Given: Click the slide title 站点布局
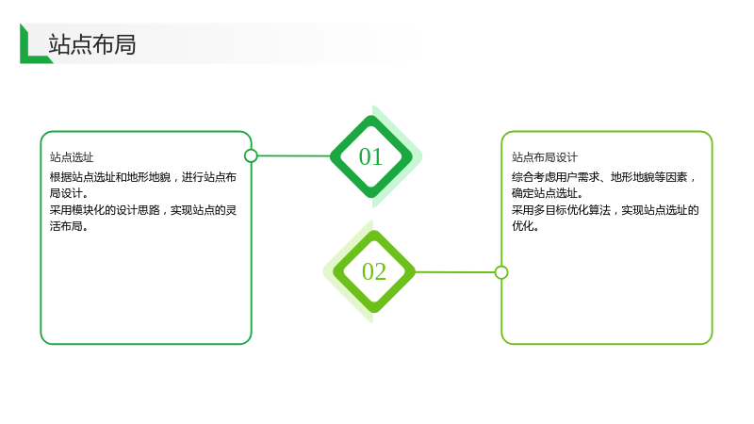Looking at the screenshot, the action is (x=91, y=44).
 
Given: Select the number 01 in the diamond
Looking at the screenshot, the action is (x=370, y=156).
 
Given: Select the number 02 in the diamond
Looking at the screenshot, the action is (x=374, y=271).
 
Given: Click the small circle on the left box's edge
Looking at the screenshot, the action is (x=251, y=155).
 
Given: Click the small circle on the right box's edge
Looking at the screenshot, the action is (x=501, y=272).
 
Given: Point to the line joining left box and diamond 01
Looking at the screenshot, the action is (x=294, y=155).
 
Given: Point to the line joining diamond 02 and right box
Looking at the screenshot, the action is (x=455, y=272).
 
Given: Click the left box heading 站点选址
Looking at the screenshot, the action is (x=72, y=157).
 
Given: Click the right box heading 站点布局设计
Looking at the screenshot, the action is (x=545, y=157).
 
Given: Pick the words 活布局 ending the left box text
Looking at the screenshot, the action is (x=66, y=226).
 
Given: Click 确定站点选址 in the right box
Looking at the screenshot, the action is (x=545, y=193).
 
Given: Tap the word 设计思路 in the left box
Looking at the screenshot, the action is (x=138, y=210).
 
